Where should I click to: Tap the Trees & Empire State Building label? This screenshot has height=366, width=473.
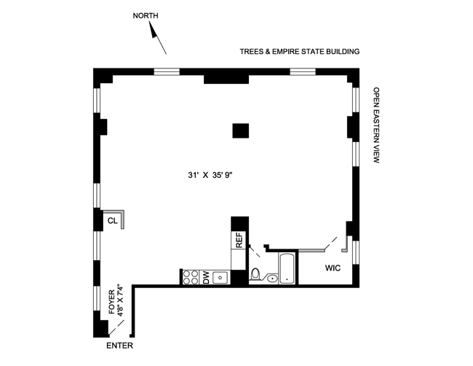click(x=300, y=52)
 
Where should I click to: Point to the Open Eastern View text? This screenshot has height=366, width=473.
click(x=376, y=125)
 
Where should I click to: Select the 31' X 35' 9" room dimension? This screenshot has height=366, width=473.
click(x=210, y=175)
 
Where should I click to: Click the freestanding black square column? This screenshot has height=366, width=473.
click(x=241, y=131)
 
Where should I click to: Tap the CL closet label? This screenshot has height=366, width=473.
click(x=113, y=220)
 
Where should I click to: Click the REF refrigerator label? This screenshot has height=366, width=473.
click(x=238, y=239)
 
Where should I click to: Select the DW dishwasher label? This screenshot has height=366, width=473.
click(x=207, y=276)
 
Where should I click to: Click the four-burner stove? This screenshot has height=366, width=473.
click(x=190, y=276)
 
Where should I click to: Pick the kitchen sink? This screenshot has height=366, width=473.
click(x=220, y=277)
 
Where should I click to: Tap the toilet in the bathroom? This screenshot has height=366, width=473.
click(x=255, y=275)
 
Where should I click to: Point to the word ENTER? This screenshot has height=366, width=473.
click(x=121, y=346)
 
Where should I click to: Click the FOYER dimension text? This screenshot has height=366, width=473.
click(x=115, y=306)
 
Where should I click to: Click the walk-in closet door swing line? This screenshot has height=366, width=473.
click(x=330, y=241)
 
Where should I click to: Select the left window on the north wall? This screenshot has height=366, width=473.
click(x=167, y=71)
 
